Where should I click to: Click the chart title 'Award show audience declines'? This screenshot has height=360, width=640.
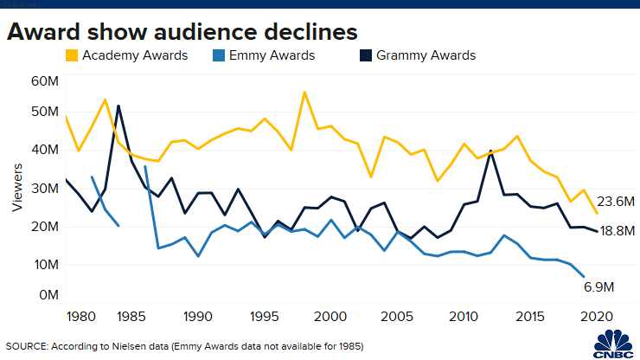tap(182, 32)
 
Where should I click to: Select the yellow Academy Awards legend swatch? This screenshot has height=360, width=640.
tap(73, 56)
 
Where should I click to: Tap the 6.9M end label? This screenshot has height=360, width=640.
tap(598, 286)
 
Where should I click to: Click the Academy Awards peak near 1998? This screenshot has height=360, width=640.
tap(305, 92)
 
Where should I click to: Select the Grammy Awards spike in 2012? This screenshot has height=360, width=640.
tap(491, 151)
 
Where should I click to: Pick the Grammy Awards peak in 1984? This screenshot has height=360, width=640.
tap(118, 106)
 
